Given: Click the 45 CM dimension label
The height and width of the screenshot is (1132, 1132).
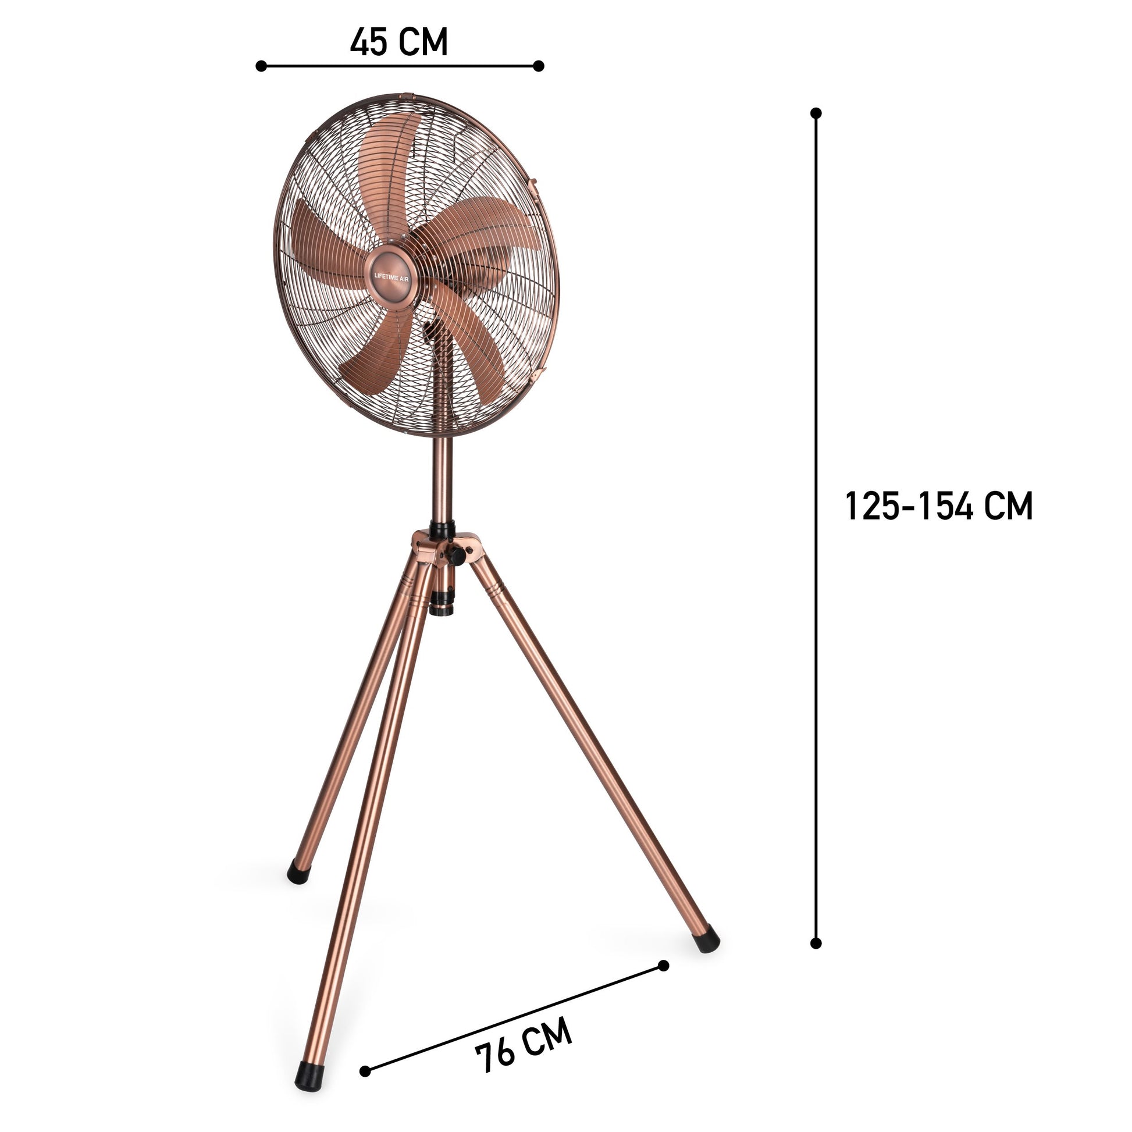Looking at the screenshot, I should [399, 42].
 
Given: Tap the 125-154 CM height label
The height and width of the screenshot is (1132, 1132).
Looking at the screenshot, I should [939, 506].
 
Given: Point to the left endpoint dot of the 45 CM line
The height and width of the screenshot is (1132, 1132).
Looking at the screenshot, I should [261, 66].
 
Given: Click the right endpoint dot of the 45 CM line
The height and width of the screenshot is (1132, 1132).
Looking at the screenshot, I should [539, 66].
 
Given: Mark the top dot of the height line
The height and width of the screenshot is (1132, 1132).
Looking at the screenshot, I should [816, 112].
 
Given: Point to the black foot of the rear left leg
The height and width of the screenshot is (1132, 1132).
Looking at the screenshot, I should [298, 875].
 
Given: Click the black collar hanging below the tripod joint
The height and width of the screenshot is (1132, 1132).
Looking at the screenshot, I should [442, 604].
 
